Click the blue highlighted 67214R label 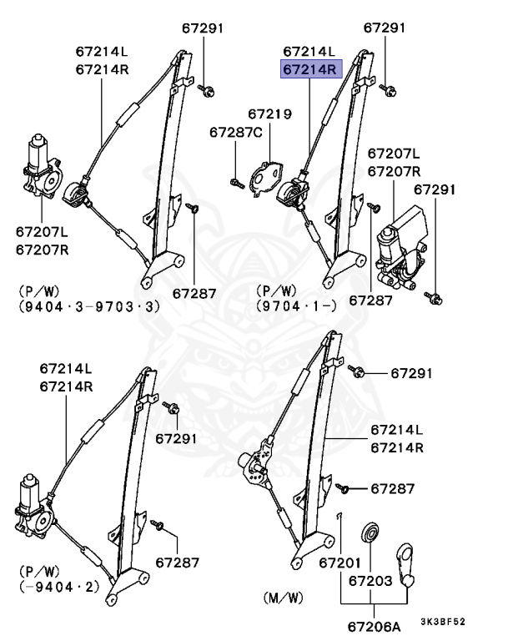[308, 70]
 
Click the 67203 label [370, 579]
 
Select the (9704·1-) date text [296, 306]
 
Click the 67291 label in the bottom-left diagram [177, 438]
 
